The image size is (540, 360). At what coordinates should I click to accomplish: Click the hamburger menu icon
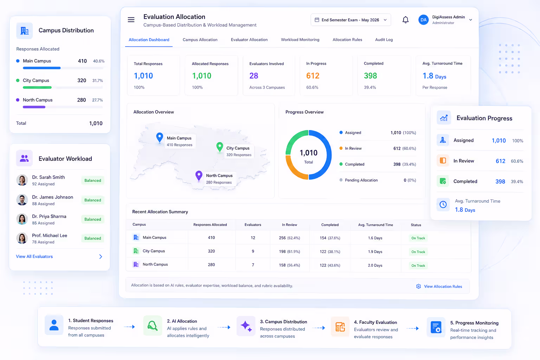coord(131,20)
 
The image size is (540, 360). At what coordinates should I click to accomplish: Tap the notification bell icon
coord(405,20)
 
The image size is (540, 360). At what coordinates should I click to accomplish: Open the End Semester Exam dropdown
coord(351,20)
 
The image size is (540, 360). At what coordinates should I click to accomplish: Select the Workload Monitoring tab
coord(300,39)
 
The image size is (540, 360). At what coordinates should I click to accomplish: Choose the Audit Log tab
coord(384,39)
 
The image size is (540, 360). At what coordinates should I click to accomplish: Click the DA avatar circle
coord(423,20)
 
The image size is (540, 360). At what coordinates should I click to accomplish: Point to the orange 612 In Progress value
coord(313,76)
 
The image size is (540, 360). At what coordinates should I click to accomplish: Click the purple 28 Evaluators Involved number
coord(253,76)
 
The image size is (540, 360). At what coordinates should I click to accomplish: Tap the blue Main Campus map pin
coord(159,138)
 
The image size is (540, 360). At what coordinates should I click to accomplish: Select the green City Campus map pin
coord(220,147)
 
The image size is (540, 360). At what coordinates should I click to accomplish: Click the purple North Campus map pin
coord(199,176)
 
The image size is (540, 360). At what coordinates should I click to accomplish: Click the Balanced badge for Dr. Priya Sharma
coord(92,219)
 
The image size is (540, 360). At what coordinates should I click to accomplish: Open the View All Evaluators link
coord(34,256)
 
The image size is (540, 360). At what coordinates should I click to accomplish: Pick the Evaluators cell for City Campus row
coord(253,251)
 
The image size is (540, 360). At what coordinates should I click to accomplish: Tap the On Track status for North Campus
coord(418,265)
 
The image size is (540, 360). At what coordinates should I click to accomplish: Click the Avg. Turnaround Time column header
coord(375,225)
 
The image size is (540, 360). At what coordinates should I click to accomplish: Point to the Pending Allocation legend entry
coord(359,180)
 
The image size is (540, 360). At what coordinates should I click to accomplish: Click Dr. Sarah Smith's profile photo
coord(22,180)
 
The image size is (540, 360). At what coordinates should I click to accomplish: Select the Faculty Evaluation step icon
coord(340,327)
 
